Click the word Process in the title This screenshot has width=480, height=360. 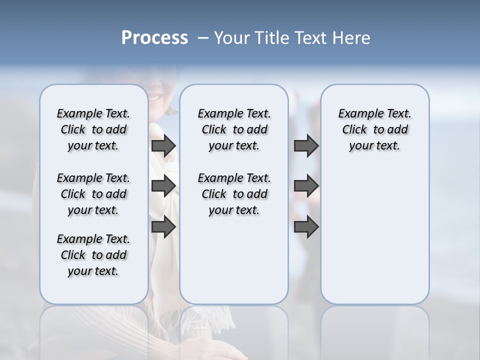tap(154, 38)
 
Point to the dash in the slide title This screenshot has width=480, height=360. tap(203, 38)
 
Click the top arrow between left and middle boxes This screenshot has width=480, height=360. tap(163, 145)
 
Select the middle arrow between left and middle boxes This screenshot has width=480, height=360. tap(163, 186)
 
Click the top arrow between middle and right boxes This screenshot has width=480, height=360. tap(306, 145)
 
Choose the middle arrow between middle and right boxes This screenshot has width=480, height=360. tap(306, 186)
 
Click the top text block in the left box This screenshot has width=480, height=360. tap(93, 129)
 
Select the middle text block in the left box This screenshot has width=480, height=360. tap(93, 194)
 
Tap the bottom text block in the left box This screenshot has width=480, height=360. tap(93, 255)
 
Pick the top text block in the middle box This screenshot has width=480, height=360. tap(234, 129)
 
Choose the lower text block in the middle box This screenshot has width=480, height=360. tap(234, 194)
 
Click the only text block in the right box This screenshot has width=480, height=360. tap(375, 129)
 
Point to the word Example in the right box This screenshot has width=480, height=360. tap(356, 114)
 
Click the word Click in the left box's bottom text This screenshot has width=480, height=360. tap(73, 255)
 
